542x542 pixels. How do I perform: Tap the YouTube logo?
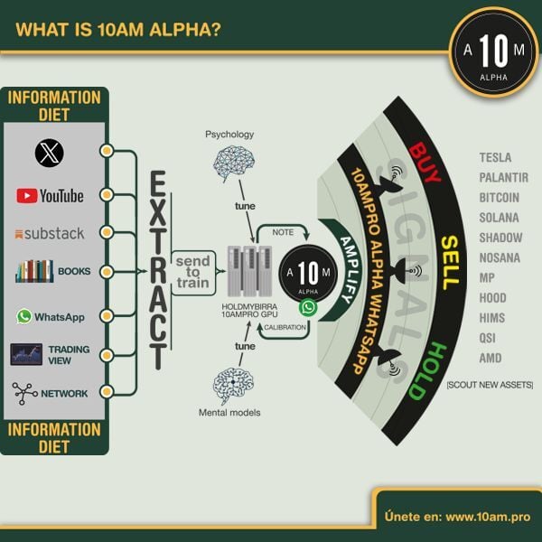coord(50,195)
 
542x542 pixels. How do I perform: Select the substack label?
coord(50,233)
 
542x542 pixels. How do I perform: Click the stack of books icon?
coord(34,271)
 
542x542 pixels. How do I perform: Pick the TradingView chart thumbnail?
coord(26,354)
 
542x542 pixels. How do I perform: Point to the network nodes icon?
coord(25,393)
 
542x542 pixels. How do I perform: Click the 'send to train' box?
coord(193,271)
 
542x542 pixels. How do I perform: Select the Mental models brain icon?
coord(232,385)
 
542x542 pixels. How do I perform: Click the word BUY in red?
coord(424,164)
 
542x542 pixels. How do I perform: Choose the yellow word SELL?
coord(449,262)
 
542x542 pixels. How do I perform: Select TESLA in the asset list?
coord(496,158)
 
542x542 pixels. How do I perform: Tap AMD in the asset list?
coord(491,357)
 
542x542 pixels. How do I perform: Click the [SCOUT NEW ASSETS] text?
coord(489,385)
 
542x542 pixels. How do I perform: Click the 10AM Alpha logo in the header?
coord(493,51)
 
